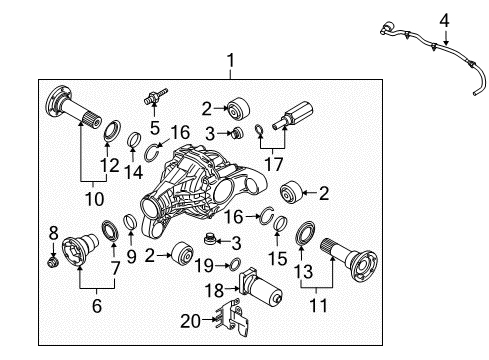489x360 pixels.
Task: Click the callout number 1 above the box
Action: click(x=230, y=61)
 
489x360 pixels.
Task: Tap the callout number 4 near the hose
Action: click(x=444, y=21)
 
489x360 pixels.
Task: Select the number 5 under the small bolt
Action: click(x=155, y=128)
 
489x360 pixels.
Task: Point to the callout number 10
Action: click(x=95, y=199)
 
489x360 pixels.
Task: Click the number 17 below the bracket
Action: click(x=273, y=164)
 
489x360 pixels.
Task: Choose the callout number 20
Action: click(x=191, y=321)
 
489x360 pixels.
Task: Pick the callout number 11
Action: click(x=319, y=305)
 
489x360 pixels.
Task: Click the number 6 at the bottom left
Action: click(x=97, y=305)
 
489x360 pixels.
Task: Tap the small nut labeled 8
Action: click(x=53, y=262)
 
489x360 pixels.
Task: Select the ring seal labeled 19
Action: click(x=235, y=265)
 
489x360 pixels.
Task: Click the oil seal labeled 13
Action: click(x=305, y=232)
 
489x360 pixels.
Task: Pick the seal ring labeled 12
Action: click(x=113, y=130)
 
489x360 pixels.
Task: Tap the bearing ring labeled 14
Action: click(x=134, y=139)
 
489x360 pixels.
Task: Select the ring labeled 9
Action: click(x=130, y=222)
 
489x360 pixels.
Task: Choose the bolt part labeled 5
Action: click(x=155, y=96)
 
